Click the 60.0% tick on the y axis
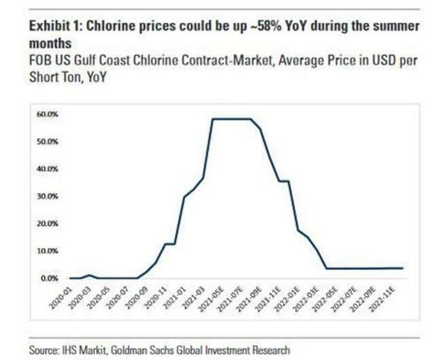pos(48,114)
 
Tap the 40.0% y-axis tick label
pos(48,168)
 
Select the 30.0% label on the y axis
pos(48,195)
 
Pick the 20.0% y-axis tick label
pos(48,223)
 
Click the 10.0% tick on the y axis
pos(48,250)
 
